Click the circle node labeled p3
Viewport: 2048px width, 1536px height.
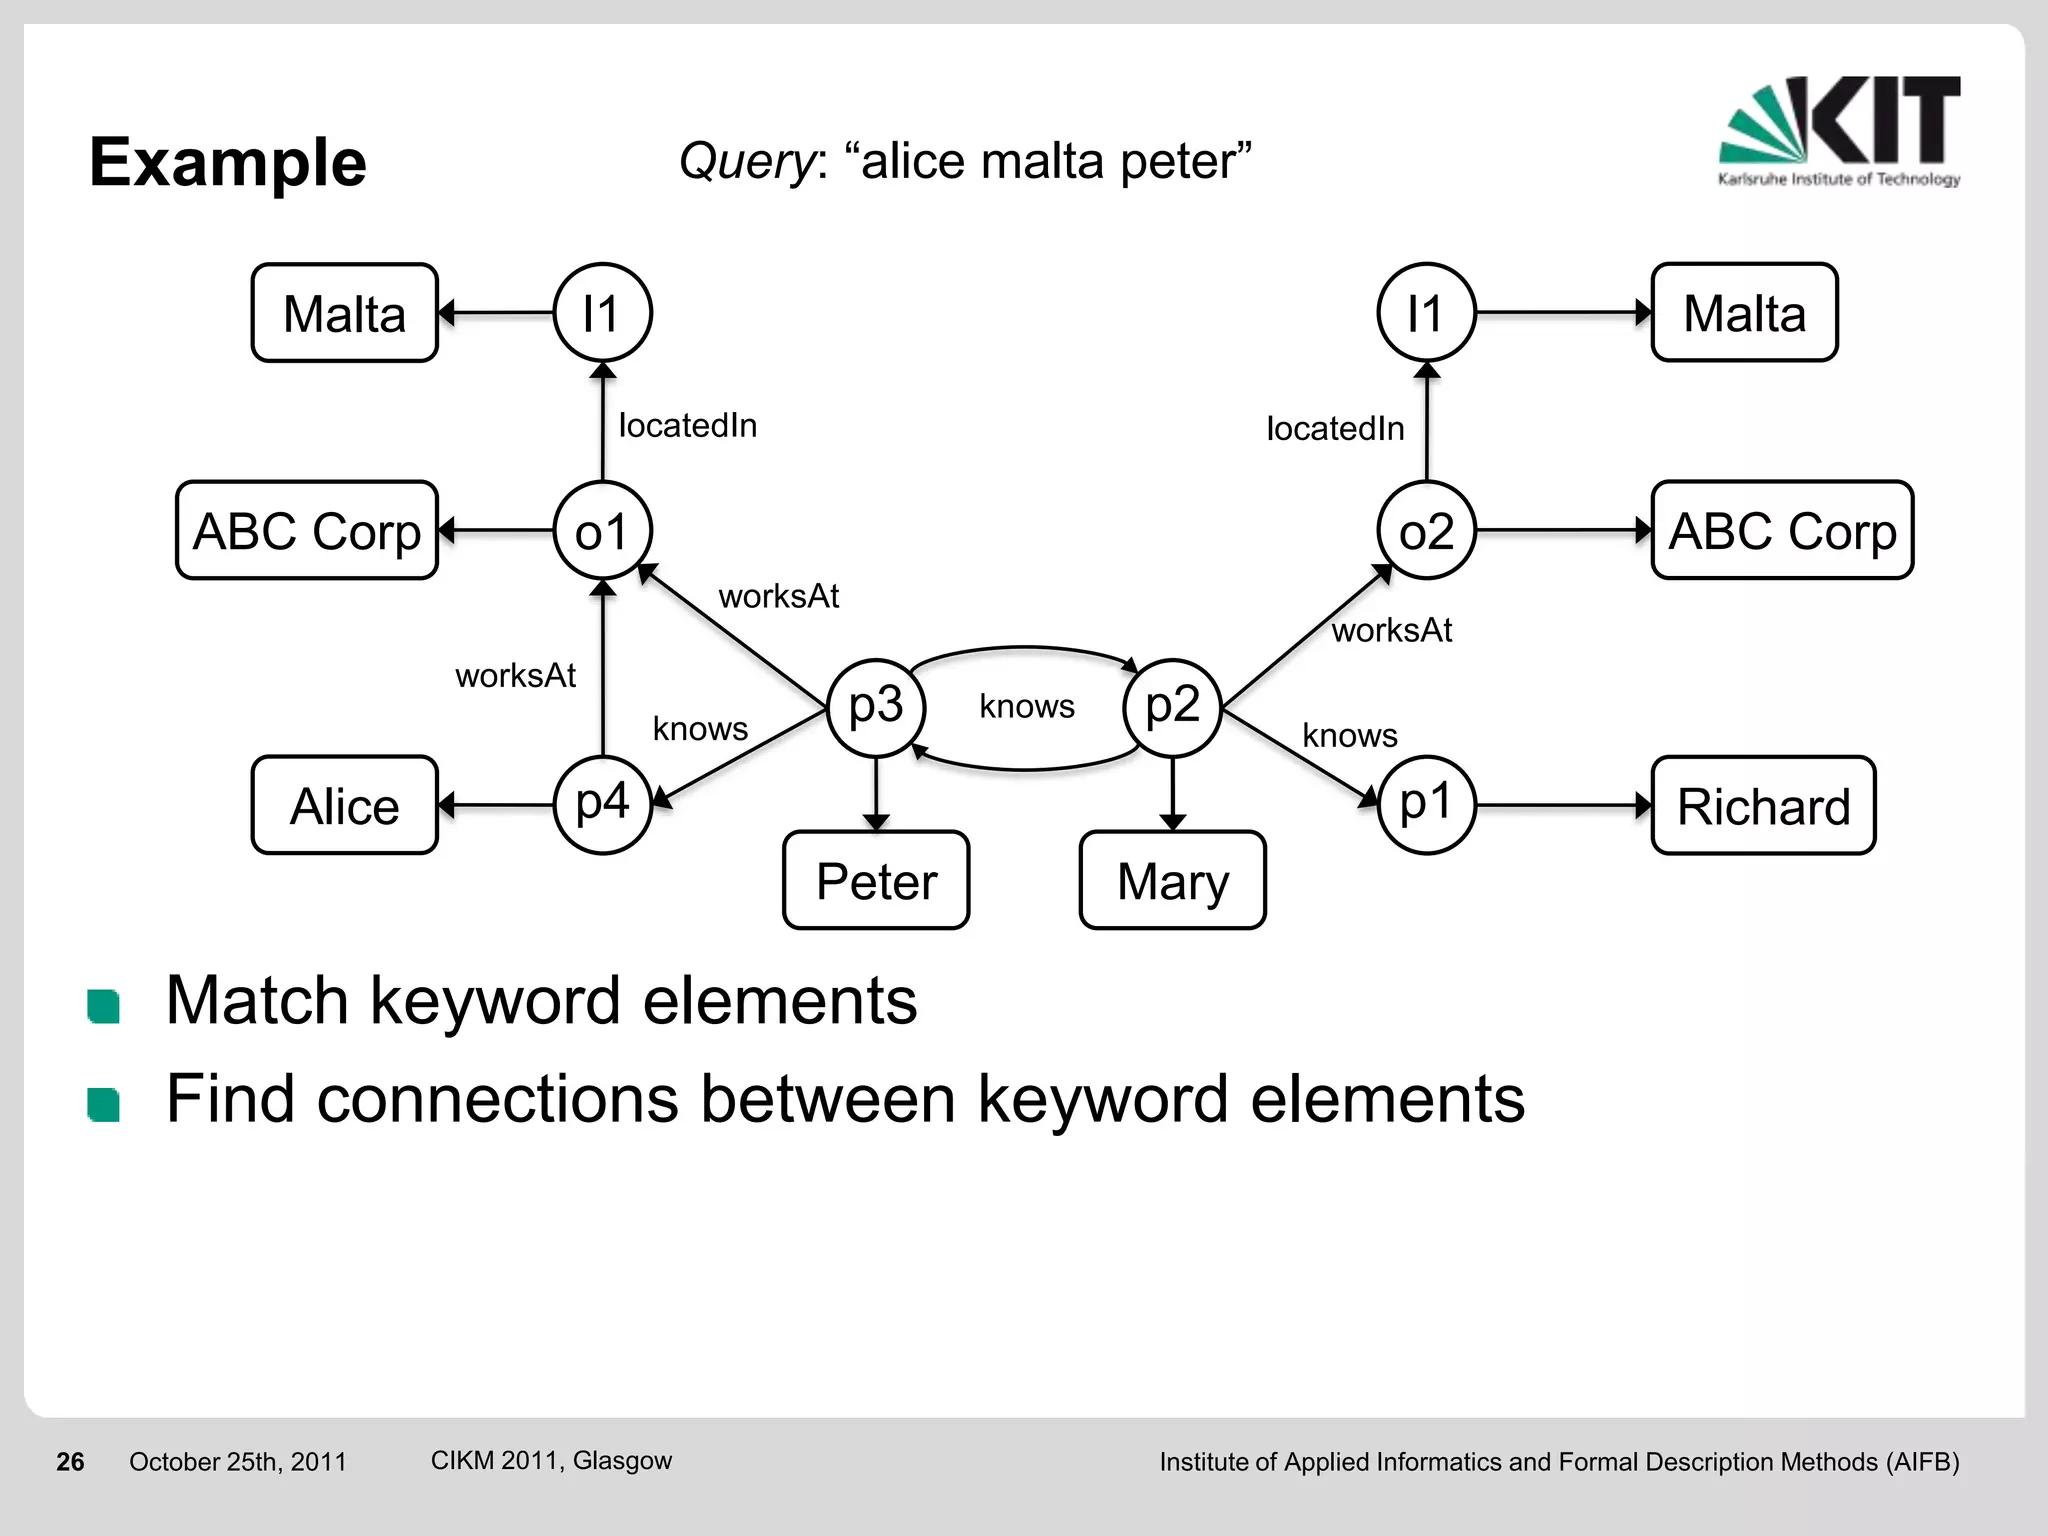pyautogui.click(x=876, y=707)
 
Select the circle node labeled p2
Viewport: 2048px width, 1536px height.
pyautogui.click(x=1172, y=707)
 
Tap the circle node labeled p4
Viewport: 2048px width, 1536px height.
pyautogui.click(x=603, y=804)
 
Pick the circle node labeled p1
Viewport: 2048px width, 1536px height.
pyautogui.click(x=1426, y=804)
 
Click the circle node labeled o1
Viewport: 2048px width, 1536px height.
pyautogui.click(x=603, y=530)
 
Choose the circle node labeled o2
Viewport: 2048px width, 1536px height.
pyautogui.click(x=1426, y=530)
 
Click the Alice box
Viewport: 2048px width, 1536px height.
pyautogui.click(x=345, y=805)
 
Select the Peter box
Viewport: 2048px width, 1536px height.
pyautogui.click(x=876, y=880)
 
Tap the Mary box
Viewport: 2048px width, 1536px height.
pyautogui.click(x=1172, y=880)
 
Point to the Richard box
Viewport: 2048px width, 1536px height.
pyautogui.click(x=1763, y=805)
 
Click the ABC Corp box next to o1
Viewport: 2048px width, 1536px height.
pyautogui.click(x=307, y=530)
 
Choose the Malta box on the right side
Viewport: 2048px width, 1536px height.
pyautogui.click(x=1744, y=313)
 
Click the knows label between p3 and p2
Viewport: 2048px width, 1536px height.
pyautogui.click(x=1026, y=706)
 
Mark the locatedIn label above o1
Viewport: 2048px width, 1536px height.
pyautogui.click(x=688, y=425)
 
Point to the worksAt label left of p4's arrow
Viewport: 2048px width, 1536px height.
pyautogui.click(x=515, y=676)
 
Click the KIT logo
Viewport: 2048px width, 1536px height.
pyautogui.click(x=1839, y=130)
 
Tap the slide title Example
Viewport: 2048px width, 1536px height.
pyautogui.click(x=228, y=162)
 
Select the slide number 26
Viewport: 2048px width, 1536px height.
pyautogui.click(x=70, y=1461)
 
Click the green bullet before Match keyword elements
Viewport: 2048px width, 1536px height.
pyautogui.click(x=104, y=1006)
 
